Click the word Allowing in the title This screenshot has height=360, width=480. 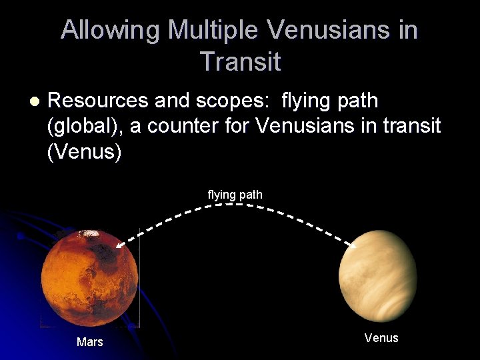click(x=111, y=31)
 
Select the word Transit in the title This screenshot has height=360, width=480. click(x=240, y=62)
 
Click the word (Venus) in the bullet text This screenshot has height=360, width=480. click(x=85, y=152)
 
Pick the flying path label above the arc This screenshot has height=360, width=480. click(x=235, y=195)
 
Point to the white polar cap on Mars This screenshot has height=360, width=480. click(x=87, y=234)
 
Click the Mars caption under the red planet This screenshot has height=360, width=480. click(x=90, y=342)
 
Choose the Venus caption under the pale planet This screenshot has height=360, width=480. click(x=381, y=338)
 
